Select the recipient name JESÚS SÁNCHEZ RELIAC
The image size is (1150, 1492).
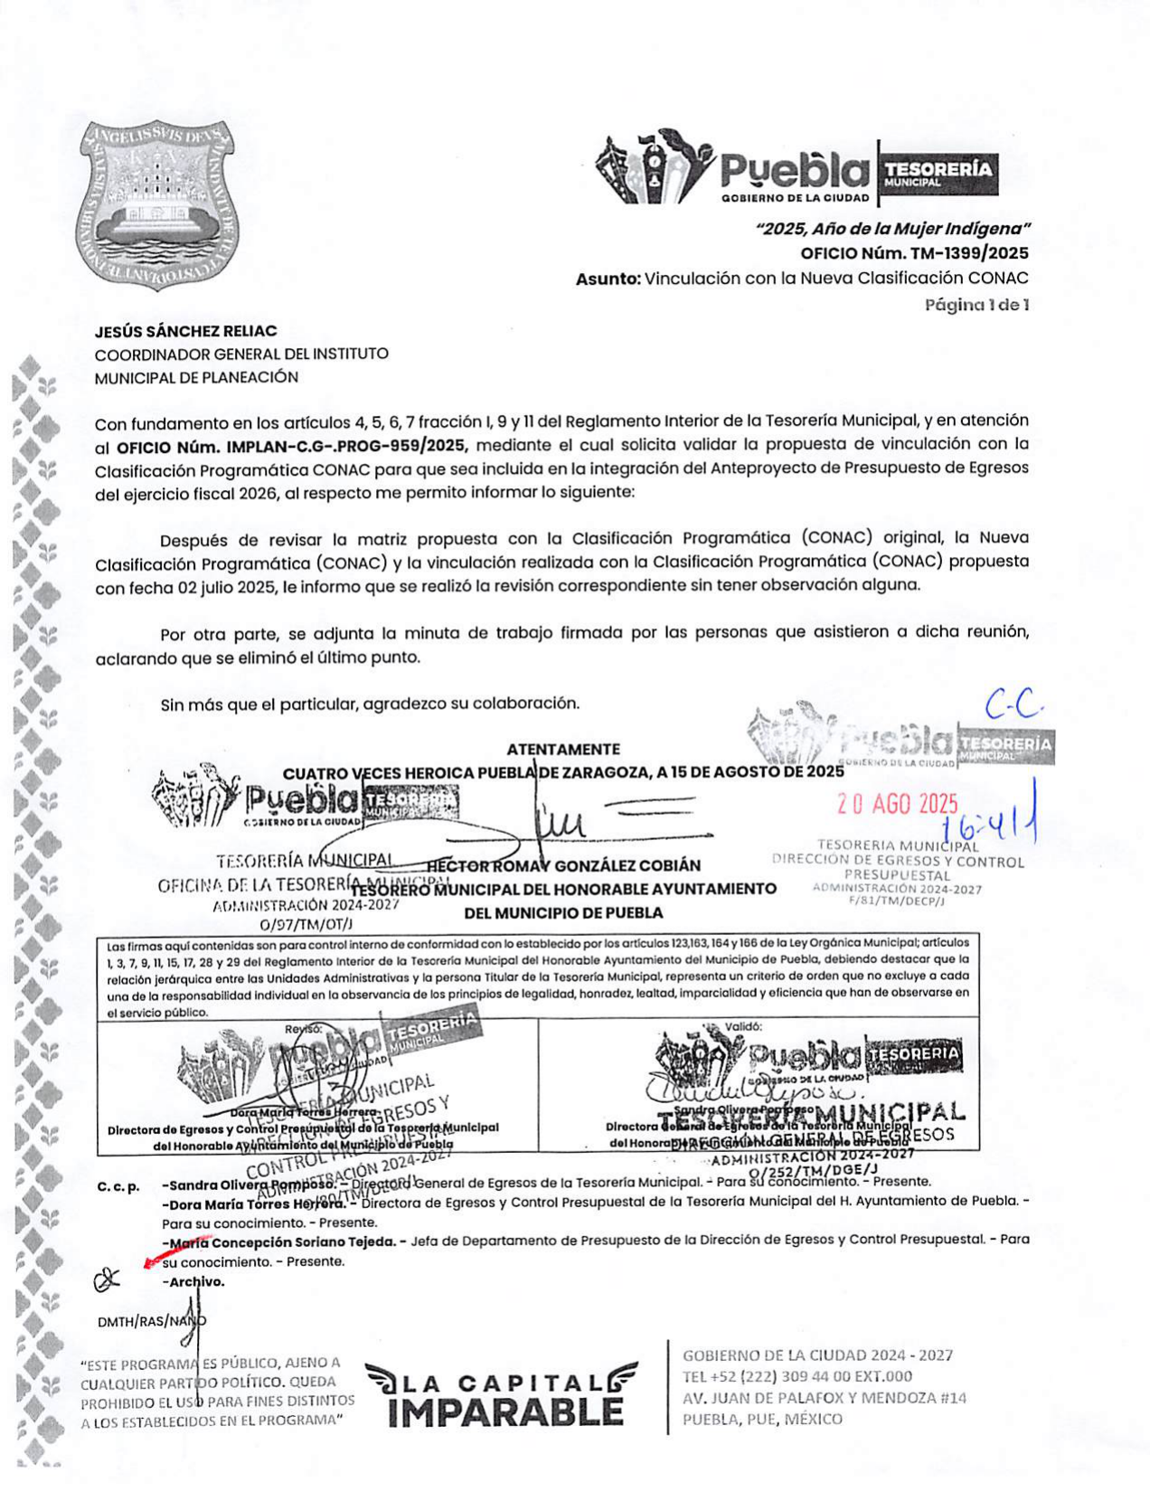[186, 331]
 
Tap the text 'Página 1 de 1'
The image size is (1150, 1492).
[976, 305]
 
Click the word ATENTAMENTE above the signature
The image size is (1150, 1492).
[563, 749]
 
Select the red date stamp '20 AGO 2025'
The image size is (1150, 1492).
[897, 803]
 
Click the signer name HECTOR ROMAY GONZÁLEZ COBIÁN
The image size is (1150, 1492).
[563, 865]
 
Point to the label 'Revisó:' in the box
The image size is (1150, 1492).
[303, 1028]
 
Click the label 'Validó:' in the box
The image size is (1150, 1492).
[743, 1026]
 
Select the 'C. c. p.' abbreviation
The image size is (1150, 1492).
[118, 1186]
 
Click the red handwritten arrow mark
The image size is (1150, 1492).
[175, 1251]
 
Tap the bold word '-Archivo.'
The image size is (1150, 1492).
[193, 1281]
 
